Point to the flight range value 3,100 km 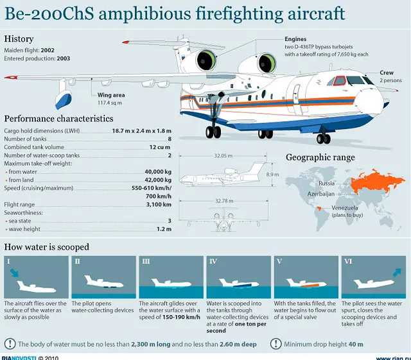[159, 204]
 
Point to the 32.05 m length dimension [222, 155]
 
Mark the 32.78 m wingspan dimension [223, 200]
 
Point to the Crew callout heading [387, 73]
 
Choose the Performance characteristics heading [59, 119]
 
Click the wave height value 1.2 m [163, 229]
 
